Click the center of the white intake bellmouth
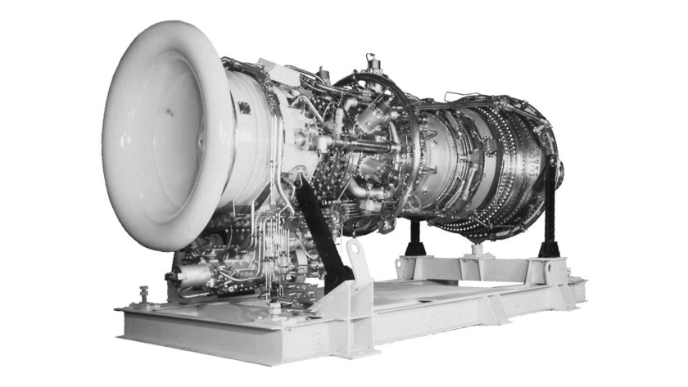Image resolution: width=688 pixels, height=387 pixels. tap(168, 135)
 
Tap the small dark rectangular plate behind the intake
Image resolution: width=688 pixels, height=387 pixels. tap(244, 107)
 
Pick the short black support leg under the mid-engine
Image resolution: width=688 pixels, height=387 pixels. tap(414, 237)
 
